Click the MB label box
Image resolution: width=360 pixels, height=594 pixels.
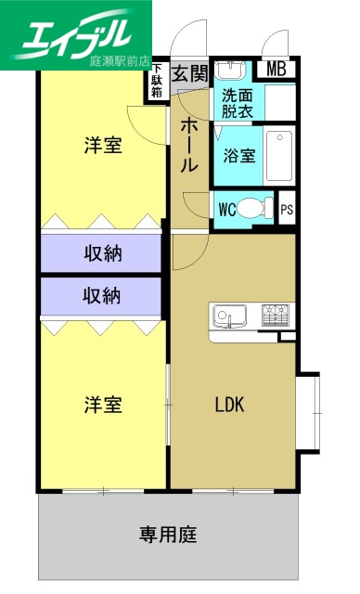pos(276,69)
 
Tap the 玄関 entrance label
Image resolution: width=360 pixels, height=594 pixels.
pos(190,73)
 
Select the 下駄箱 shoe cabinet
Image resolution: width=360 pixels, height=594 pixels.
pos(159,81)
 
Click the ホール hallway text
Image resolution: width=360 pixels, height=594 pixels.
pos(188,145)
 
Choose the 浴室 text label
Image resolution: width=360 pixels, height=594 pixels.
pos(239,155)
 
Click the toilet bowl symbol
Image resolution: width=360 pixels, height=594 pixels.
pos(257,208)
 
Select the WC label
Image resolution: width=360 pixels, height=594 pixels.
pos(227,209)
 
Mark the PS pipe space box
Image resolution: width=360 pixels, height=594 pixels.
pos(288,209)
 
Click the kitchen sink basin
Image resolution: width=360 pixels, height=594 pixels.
pos(225,316)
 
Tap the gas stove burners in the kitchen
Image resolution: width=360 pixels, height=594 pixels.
pos(275,316)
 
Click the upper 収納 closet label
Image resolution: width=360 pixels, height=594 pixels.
pos(103,252)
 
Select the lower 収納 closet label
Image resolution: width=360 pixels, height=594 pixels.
pos(103,296)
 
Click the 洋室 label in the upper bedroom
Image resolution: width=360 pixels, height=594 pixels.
pos(103,146)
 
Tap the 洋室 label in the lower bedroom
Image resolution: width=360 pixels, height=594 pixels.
pos(103,405)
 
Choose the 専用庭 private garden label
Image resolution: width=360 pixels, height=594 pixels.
pos(169,535)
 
